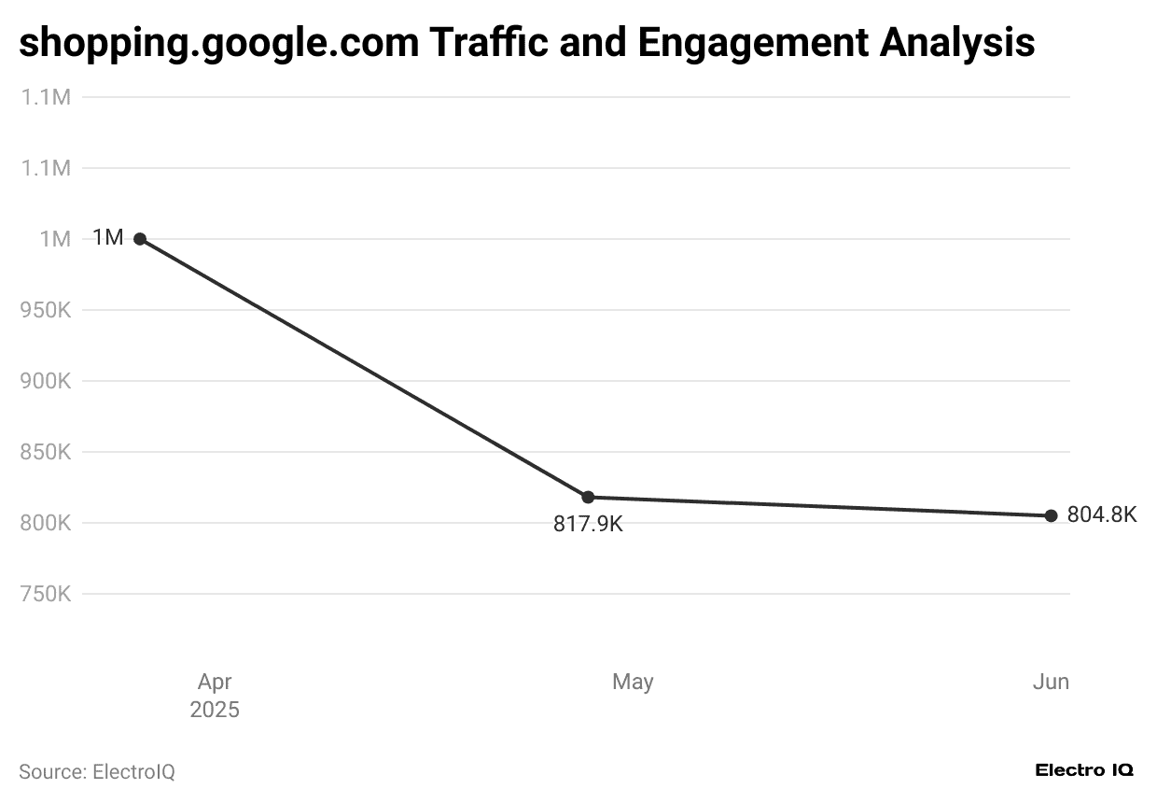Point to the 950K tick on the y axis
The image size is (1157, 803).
[46, 310]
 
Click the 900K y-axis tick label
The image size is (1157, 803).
[46, 381]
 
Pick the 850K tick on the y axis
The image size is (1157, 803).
[46, 452]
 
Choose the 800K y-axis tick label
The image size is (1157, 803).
[46, 523]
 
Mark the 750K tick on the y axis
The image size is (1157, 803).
[46, 594]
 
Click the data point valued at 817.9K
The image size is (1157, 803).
[588, 497]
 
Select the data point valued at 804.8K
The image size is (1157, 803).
[1051, 515]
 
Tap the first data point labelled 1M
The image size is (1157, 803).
[140, 239]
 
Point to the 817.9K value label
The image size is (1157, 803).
[588, 524]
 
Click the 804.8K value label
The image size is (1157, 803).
[1102, 514]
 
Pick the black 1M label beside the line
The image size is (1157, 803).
[108, 238]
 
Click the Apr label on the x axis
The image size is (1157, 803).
[215, 682]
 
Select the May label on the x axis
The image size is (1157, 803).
[633, 682]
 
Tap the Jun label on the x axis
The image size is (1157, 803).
[1051, 682]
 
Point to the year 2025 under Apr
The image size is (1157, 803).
[215, 710]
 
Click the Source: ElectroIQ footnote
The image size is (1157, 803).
[97, 772]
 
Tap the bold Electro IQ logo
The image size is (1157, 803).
[1084, 770]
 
